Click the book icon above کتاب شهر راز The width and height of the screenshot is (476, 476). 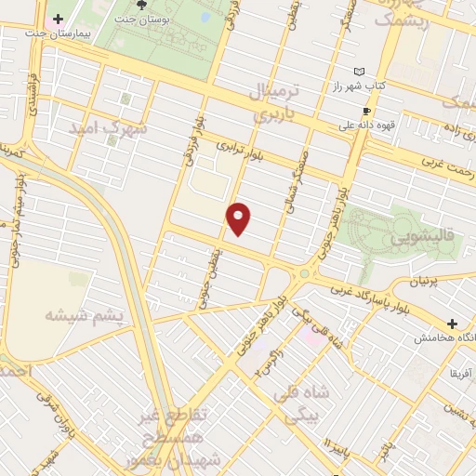(360, 72)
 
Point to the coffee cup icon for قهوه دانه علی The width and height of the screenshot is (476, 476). (366, 110)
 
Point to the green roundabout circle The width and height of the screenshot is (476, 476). (303, 273)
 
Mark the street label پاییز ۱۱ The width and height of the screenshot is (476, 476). (335, 455)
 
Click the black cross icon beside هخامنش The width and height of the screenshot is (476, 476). (452, 325)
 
